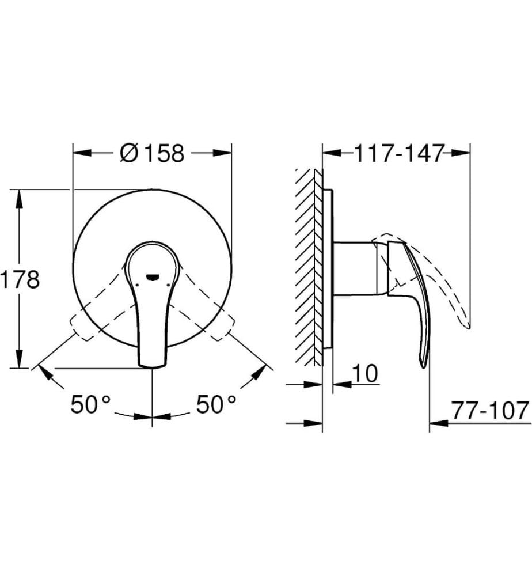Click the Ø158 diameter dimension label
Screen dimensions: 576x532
coord(153,153)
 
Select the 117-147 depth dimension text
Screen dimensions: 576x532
coord(399,153)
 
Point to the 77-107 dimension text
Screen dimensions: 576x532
coord(489,411)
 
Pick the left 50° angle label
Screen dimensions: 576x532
coord(90,404)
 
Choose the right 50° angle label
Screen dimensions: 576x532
coord(216,404)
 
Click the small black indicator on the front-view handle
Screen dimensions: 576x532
coord(152,276)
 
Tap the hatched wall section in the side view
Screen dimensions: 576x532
coord(308,265)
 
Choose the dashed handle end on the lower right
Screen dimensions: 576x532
coord(222,331)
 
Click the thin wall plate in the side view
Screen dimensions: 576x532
coord(327,268)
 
